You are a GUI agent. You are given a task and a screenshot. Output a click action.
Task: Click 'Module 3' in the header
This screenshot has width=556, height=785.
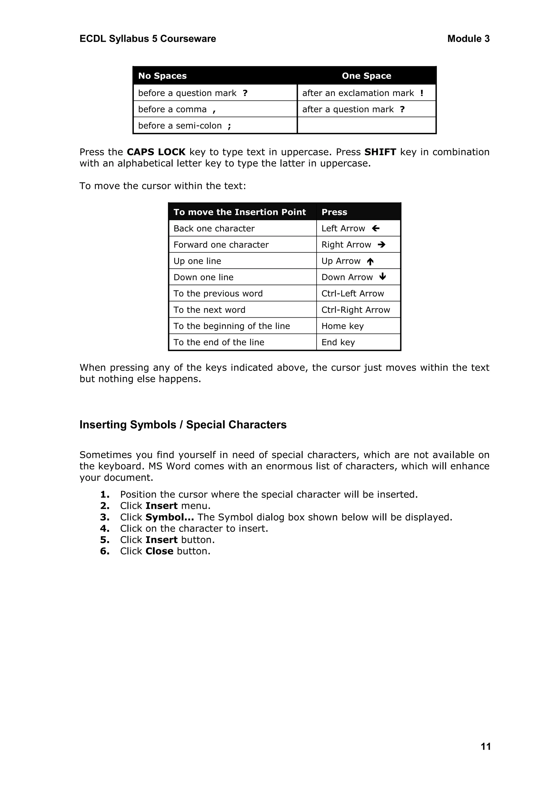(x=468, y=39)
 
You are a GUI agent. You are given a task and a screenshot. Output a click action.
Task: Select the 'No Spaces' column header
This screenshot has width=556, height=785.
(x=162, y=76)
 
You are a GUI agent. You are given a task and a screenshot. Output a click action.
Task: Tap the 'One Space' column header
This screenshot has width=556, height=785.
(x=366, y=76)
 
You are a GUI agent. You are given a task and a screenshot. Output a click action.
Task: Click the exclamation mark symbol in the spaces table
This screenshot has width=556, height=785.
(x=422, y=93)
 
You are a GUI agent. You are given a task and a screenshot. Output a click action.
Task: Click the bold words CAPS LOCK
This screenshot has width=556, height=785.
(x=156, y=152)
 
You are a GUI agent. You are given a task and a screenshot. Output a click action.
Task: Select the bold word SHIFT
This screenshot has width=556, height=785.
(x=380, y=152)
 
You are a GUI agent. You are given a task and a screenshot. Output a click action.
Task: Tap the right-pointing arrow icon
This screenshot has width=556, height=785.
(x=382, y=244)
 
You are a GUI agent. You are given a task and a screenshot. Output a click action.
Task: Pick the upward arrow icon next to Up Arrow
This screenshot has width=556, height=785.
(x=370, y=262)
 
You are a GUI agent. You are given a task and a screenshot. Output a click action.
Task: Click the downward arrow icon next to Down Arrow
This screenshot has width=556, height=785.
(x=383, y=276)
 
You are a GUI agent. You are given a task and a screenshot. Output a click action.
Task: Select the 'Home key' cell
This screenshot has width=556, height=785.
(x=342, y=326)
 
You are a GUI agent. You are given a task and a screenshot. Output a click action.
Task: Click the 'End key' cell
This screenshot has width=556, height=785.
(x=338, y=342)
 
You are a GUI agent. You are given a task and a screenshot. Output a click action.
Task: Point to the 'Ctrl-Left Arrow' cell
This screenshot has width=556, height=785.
(x=353, y=293)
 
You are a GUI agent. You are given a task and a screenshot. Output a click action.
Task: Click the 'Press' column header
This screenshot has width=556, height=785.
(x=334, y=212)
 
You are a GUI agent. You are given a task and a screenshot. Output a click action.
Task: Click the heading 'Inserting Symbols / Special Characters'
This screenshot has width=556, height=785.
(x=183, y=425)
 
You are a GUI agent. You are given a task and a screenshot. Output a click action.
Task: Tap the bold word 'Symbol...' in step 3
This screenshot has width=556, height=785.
(x=170, y=517)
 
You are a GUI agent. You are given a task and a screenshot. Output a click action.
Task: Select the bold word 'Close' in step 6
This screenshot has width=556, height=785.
(x=159, y=551)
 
